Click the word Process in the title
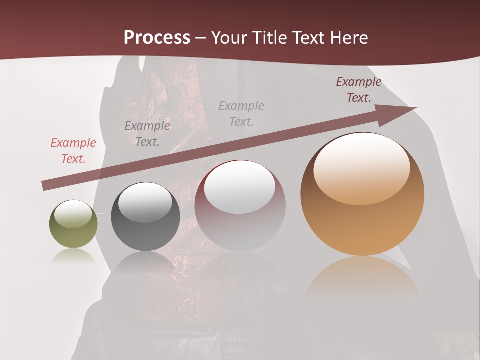click(x=157, y=38)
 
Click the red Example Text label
click(x=73, y=151)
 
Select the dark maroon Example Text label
click(x=359, y=90)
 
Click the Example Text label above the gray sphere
click(x=147, y=134)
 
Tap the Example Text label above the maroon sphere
click(x=241, y=113)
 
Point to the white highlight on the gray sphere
click(x=145, y=202)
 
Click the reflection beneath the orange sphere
click(x=362, y=275)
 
